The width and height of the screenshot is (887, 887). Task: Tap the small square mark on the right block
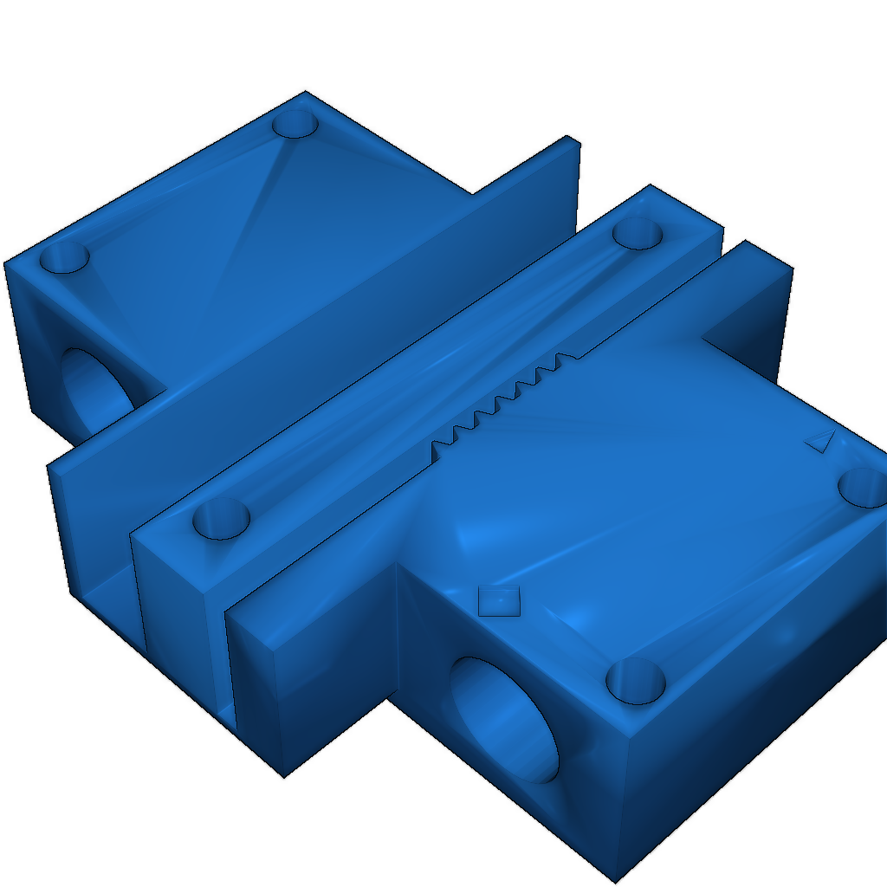click(x=499, y=599)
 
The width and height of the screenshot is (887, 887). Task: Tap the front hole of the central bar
click(x=221, y=519)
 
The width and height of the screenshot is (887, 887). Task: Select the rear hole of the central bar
click(x=638, y=233)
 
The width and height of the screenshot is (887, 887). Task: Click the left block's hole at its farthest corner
click(x=296, y=123)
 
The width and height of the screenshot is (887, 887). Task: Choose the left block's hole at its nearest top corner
click(x=65, y=257)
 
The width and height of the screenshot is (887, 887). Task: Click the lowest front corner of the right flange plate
click(x=284, y=775)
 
